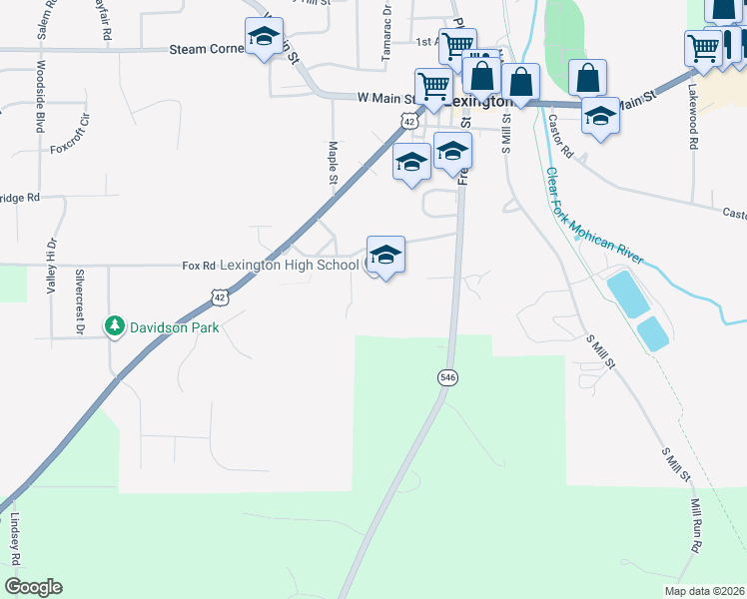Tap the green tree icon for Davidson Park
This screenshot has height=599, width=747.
115,326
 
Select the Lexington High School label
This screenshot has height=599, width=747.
289,265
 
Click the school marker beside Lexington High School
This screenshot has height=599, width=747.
385,257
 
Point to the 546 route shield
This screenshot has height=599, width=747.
447,376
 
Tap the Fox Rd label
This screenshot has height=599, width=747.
199,266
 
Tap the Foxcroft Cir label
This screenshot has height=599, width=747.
70,135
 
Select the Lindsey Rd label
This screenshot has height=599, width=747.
16,540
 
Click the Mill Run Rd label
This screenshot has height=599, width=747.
693,528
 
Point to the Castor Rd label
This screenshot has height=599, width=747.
560,137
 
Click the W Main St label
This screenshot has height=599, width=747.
385,98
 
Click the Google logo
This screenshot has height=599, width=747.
33,587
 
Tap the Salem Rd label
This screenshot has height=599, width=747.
44,19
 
